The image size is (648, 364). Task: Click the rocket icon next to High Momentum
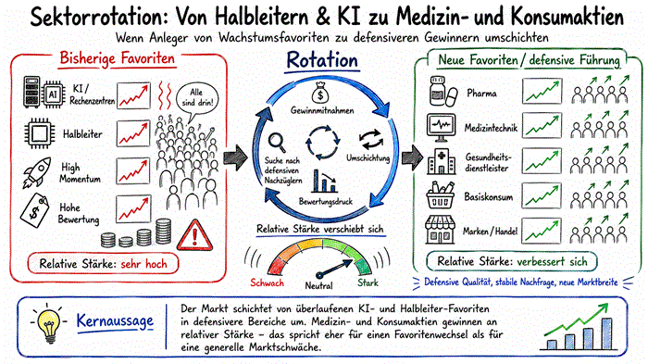[37, 171]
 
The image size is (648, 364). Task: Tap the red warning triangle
[194, 236]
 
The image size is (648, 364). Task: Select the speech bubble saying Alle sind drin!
[196, 99]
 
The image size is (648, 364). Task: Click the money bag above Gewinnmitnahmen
[320, 93]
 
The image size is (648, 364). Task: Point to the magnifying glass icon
[277, 143]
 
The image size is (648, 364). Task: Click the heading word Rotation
[322, 60]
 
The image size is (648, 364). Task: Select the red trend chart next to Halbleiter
[133, 133]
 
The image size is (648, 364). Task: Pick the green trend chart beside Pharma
[542, 91]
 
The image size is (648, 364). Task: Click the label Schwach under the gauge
[267, 282]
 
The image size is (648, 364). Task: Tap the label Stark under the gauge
[368, 282]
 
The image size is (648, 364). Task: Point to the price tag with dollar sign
[34, 210]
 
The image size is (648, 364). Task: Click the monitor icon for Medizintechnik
[441, 127]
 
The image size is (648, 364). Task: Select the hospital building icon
[442, 161]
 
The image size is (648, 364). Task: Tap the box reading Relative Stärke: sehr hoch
[104, 263]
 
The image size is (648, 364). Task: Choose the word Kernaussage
[115, 321]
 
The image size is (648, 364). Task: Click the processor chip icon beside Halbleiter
[39, 133]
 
